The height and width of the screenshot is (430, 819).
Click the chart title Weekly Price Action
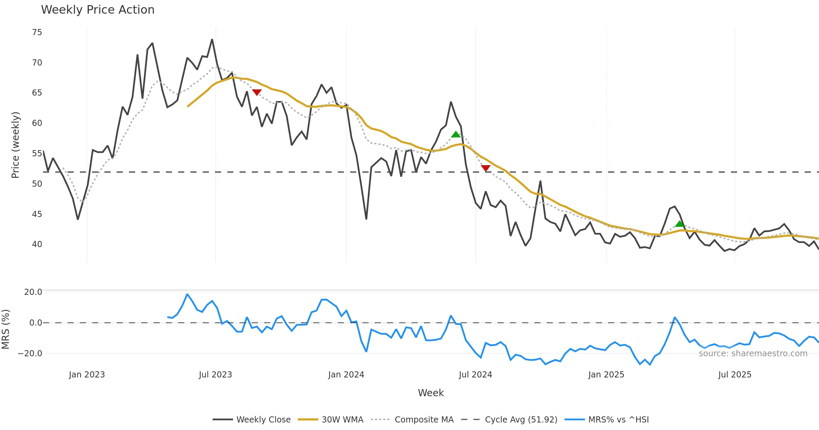[98, 10]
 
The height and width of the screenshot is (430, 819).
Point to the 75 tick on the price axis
[37, 32]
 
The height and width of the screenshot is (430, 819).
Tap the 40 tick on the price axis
[37, 244]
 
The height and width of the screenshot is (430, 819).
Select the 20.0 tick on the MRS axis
[33, 292]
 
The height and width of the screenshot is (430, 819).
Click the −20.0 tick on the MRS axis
[30, 353]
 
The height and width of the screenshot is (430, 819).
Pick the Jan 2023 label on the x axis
[87, 374]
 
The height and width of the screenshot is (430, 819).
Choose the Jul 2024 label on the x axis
[475, 374]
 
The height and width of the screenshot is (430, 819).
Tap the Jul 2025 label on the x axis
[735, 374]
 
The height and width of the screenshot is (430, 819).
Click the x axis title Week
[431, 393]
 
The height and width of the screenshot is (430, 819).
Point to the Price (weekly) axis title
[15, 145]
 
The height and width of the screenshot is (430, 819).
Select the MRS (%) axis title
[5, 329]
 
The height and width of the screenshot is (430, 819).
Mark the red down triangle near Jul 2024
[486, 168]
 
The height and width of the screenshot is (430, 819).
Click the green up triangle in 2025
[679, 224]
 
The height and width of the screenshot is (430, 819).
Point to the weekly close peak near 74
[212, 40]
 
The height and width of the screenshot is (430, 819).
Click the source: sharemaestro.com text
[753, 353]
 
